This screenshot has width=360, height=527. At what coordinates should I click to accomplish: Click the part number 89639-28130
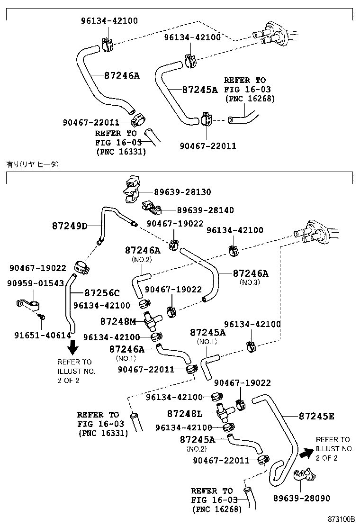(182, 192)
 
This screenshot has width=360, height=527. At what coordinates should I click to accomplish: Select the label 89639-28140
(205, 210)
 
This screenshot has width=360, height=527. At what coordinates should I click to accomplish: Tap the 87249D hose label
(70, 226)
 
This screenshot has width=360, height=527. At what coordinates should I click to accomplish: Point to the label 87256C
(102, 293)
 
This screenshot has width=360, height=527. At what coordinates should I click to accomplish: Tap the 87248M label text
(118, 322)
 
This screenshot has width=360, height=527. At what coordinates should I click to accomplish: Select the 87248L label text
(184, 413)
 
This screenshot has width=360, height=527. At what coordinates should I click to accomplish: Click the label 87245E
(316, 417)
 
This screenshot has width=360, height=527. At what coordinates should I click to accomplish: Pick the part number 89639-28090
(302, 498)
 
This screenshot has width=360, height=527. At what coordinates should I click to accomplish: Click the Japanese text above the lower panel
(32, 164)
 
